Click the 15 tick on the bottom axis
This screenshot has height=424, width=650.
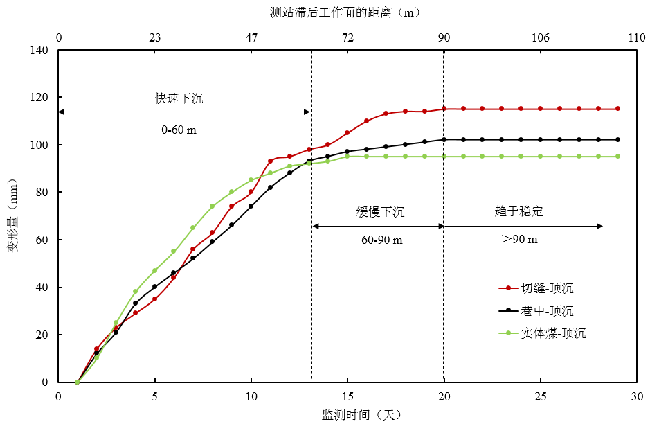click(347, 396)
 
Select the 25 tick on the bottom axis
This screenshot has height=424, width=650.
click(541, 396)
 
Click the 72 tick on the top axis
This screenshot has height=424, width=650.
click(347, 37)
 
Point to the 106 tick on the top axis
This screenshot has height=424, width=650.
click(541, 37)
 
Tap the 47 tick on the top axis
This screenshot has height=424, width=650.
click(251, 37)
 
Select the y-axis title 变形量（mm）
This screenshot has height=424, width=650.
click(13, 215)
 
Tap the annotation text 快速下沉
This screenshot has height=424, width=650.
click(179, 98)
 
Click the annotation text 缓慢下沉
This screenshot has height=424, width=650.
click(381, 212)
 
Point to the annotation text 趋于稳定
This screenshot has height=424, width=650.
click(519, 212)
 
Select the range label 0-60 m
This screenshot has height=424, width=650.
click(179, 130)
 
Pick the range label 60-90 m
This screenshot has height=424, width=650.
click(381, 240)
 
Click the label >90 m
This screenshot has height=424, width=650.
click(519, 240)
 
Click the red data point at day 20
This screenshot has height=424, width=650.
click(444, 109)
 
